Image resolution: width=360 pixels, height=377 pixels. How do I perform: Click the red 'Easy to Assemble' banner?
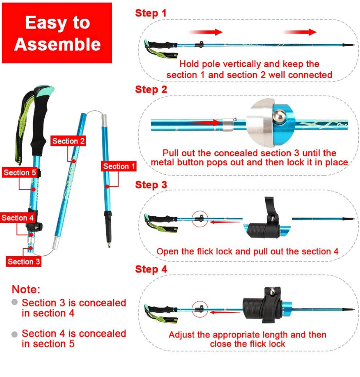[57, 33]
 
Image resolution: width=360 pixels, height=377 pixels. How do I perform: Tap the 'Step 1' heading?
[150, 13]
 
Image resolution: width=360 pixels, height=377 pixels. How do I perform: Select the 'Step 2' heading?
[151, 89]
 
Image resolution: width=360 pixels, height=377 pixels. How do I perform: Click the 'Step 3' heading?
[151, 185]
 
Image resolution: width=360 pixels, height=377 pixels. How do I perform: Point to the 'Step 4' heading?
[151, 269]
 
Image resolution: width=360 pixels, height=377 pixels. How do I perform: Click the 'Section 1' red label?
[119, 166]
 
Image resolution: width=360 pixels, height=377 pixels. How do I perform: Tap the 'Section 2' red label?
[68, 141]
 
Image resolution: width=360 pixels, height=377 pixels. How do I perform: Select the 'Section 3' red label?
[24, 261]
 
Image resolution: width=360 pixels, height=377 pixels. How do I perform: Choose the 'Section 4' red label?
[17, 218]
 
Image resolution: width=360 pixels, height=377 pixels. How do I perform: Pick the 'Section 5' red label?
[20, 172]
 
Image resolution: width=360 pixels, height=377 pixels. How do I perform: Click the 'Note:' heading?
[26, 289]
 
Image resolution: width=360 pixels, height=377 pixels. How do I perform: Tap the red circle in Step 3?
[200, 218]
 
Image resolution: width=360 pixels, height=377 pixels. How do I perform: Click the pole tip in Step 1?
[348, 45]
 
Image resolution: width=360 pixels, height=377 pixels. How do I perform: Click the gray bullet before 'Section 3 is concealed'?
[15, 302]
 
